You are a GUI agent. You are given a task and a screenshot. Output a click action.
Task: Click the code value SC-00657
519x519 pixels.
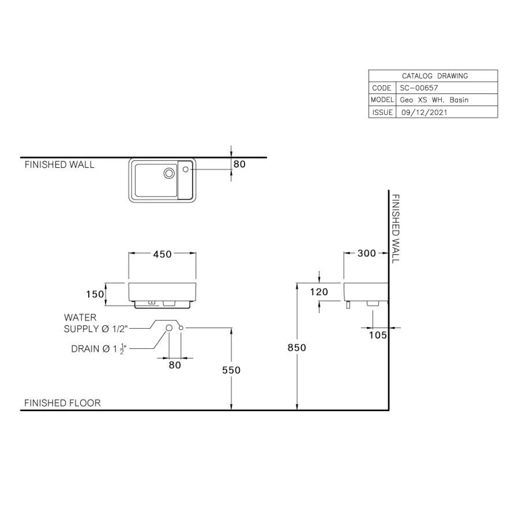[419, 88]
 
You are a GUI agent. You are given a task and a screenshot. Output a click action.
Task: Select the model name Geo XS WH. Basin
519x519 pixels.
[434, 100]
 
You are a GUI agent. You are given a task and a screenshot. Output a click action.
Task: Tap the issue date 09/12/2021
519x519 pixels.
[424, 112]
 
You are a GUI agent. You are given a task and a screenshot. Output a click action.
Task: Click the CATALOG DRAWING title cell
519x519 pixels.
[434, 76]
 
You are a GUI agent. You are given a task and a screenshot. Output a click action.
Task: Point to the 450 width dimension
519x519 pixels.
[162, 254]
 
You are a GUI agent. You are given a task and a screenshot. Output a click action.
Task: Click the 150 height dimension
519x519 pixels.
[95, 294]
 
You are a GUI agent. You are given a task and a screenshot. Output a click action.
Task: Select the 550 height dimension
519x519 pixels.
[231, 370]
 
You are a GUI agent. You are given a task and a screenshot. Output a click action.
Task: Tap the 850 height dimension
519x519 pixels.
[297, 348]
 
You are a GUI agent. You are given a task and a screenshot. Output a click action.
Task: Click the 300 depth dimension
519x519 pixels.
[366, 254]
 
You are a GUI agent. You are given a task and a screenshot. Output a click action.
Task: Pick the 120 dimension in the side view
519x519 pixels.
[319, 292]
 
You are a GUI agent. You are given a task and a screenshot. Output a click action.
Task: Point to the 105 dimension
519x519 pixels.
[378, 335]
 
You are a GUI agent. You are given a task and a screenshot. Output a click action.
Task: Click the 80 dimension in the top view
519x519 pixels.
[239, 164]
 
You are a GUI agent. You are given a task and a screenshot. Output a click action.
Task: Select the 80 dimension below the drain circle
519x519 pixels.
[175, 365]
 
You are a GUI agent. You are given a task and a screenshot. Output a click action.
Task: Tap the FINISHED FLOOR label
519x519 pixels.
[62, 403]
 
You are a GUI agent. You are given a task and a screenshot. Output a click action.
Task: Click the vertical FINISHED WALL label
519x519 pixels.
[396, 228]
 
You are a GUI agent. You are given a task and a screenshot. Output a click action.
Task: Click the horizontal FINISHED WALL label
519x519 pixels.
[59, 165]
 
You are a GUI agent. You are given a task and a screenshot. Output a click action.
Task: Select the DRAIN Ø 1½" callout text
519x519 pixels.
[99, 349]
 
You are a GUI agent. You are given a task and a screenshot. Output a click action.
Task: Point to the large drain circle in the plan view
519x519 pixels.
[169, 173]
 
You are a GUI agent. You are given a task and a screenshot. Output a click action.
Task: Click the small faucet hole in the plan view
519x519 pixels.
[186, 169]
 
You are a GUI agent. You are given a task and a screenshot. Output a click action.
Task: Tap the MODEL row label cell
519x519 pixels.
[382, 100]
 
